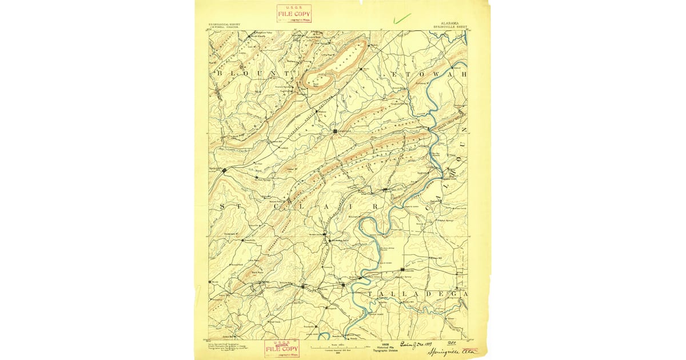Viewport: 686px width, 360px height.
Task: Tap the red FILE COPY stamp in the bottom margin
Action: [x=282, y=348]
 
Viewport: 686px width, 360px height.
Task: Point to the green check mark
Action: [x=402, y=18]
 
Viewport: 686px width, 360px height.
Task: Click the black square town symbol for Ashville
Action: [x=336, y=131]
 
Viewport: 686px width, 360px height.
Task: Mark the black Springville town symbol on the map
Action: [x=225, y=170]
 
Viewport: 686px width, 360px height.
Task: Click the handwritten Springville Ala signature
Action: [x=454, y=350]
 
